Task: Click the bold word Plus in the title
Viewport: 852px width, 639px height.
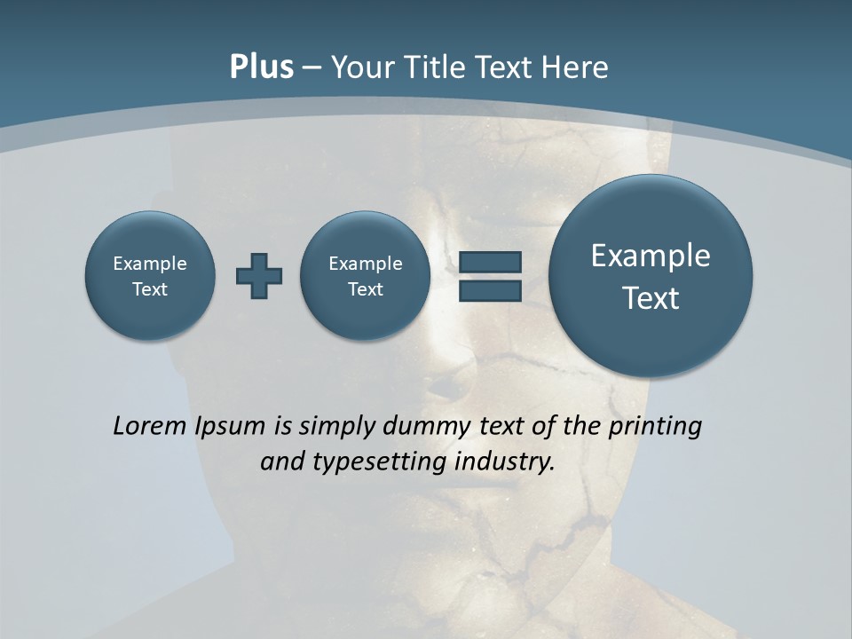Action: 261,67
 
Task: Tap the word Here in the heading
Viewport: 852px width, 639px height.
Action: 577,67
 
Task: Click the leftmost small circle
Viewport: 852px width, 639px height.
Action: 150,275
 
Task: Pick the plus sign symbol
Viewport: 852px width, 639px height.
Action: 259,275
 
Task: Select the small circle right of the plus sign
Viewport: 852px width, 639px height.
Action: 365,275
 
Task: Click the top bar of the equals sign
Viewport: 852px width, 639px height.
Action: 490,262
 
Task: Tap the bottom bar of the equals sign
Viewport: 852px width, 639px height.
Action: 490,290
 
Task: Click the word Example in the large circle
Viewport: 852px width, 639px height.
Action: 651,256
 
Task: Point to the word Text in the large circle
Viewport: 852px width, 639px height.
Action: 651,298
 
